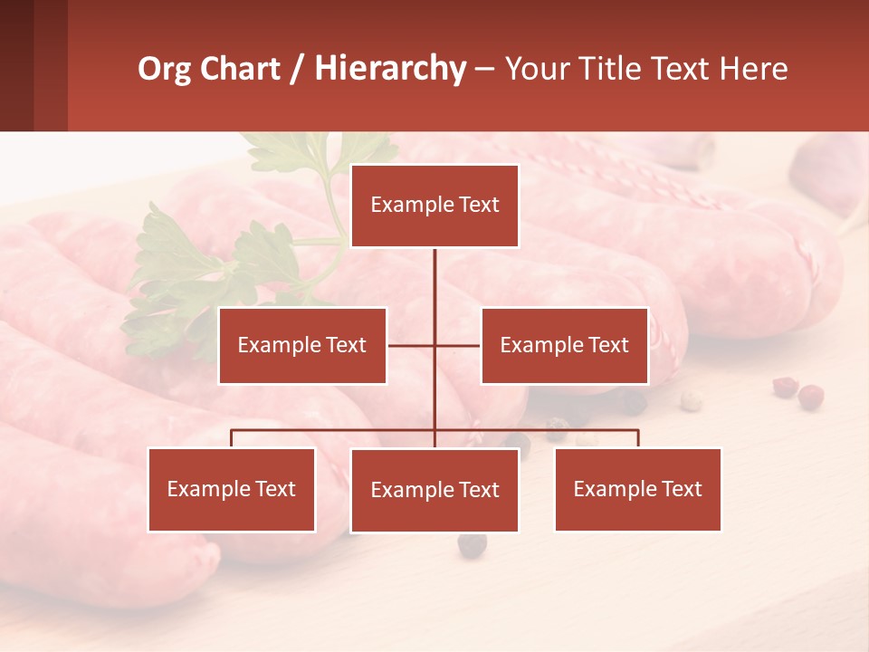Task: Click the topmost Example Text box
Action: [434, 206]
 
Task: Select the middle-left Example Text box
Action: [302, 345]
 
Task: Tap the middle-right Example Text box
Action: [564, 345]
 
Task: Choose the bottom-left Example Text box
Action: [232, 489]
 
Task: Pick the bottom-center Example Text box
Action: [434, 490]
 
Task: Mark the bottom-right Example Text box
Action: [637, 489]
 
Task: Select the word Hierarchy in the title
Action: [389, 69]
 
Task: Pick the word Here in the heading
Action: [753, 69]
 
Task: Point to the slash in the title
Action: [297, 69]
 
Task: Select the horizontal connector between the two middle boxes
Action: [412, 345]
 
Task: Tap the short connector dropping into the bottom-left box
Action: [232, 438]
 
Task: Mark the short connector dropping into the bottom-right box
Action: [638, 438]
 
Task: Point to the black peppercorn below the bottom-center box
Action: [471, 545]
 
